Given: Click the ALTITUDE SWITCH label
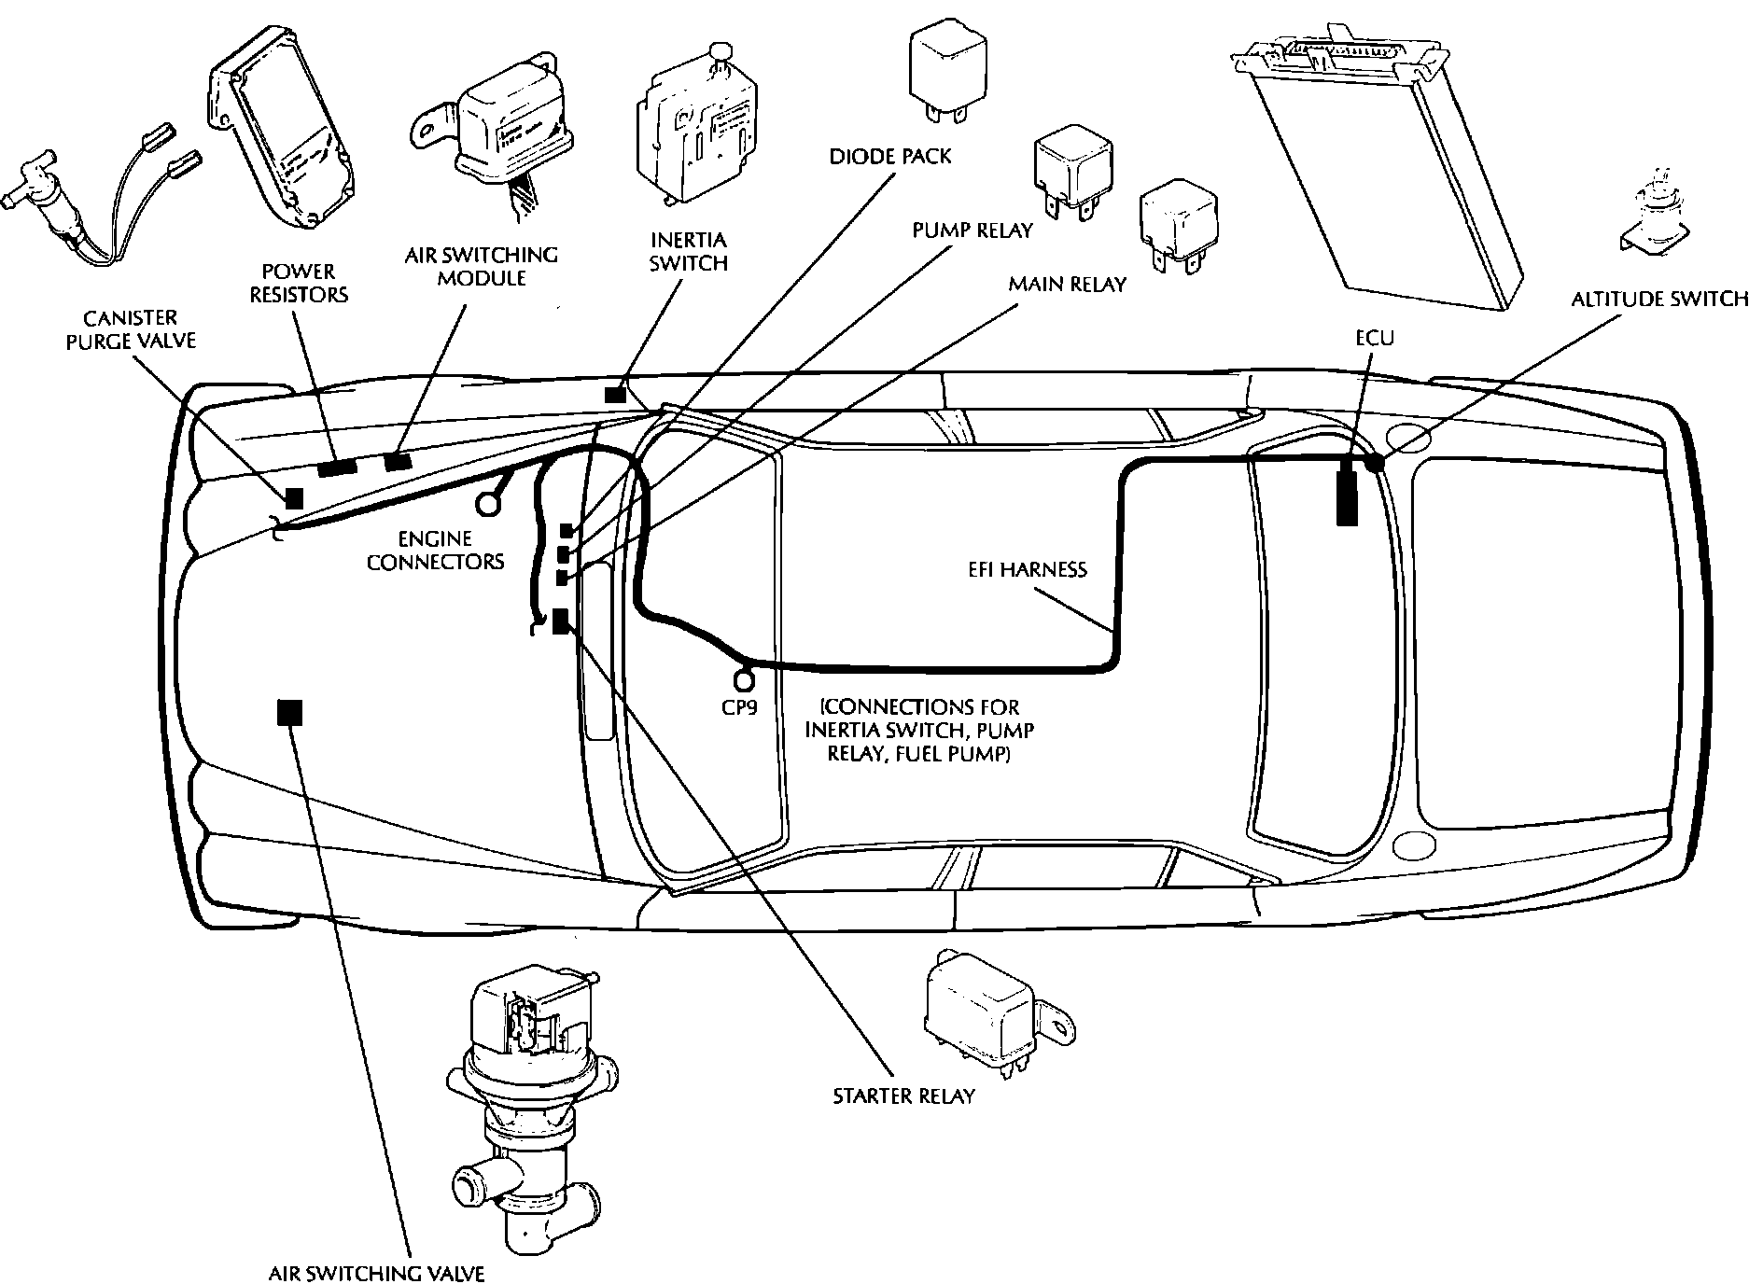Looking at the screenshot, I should (x=1658, y=299).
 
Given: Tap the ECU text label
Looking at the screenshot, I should (x=1374, y=337).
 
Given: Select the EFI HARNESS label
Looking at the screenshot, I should (x=1027, y=569).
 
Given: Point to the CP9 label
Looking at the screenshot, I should (x=739, y=707).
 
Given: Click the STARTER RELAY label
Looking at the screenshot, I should (x=903, y=1096).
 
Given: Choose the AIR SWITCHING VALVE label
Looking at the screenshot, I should (x=376, y=1273).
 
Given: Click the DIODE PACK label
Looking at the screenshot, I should (x=890, y=156).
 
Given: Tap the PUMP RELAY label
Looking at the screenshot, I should (x=972, y=230).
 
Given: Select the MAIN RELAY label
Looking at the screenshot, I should (x=1067, y=284).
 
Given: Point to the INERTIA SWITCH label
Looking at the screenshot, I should (x=688, y=252).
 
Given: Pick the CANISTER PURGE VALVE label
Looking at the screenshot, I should (x=131, y=329).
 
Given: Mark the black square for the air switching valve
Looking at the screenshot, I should (x=290, y=713).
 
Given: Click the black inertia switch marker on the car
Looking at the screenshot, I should (x=614, y=395).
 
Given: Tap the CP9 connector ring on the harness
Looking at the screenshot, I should (x=744, y=680).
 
